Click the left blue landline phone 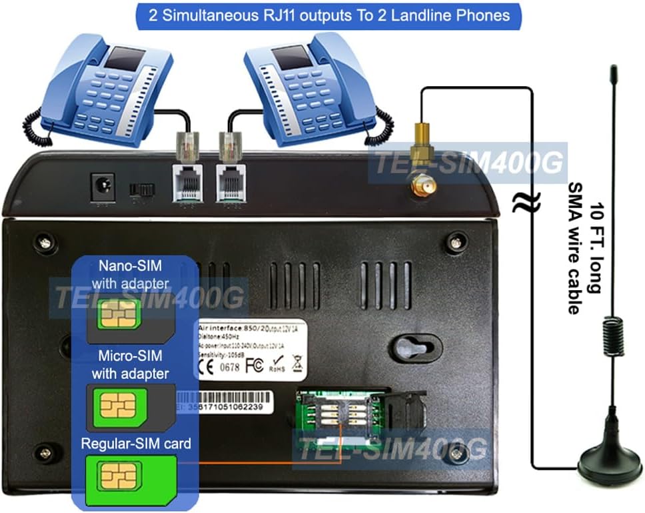(x=100, y=93)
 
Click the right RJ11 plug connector (x=228, y=146)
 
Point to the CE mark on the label (x=212, y=366)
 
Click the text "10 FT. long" (x=599, y=247)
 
